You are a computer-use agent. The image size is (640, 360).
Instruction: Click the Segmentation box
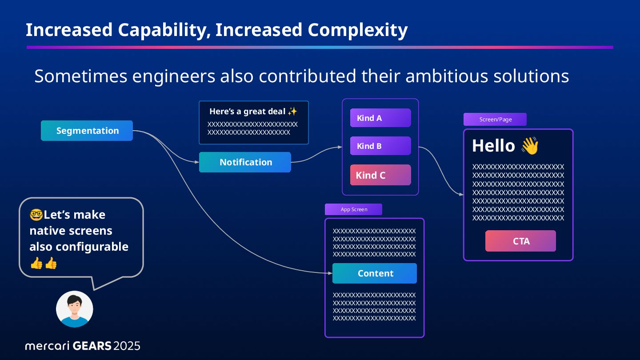tap(87, 131)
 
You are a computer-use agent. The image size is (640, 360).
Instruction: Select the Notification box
tap(245, 162)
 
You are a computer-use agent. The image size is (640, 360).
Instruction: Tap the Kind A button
tap(380, 118)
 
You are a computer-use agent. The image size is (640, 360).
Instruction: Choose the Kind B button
tap(380, 146)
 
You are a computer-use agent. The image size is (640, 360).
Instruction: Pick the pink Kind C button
tap(380, 175)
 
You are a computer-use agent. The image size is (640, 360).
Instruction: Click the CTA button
tap(520, 241)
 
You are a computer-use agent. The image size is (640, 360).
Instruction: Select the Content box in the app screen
tap(375, 273)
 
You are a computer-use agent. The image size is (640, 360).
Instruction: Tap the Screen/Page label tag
tap(495, 120)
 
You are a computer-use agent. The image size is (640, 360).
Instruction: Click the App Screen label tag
tap(353, 209)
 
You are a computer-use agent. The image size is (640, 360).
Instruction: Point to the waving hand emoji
tap(529, 146)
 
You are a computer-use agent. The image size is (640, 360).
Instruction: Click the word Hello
tap(493, 146)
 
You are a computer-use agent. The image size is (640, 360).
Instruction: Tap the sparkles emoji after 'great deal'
tap(292, 111)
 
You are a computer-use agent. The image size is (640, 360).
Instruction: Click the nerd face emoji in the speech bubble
tap(36, 215)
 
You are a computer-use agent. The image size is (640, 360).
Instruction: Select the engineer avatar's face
tap(75, 305)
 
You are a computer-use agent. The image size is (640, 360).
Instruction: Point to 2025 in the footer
tap(127, 346)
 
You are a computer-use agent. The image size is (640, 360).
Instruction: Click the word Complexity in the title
tap(357, 30)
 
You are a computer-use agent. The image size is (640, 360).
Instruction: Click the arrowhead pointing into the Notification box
tap(197, 162)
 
